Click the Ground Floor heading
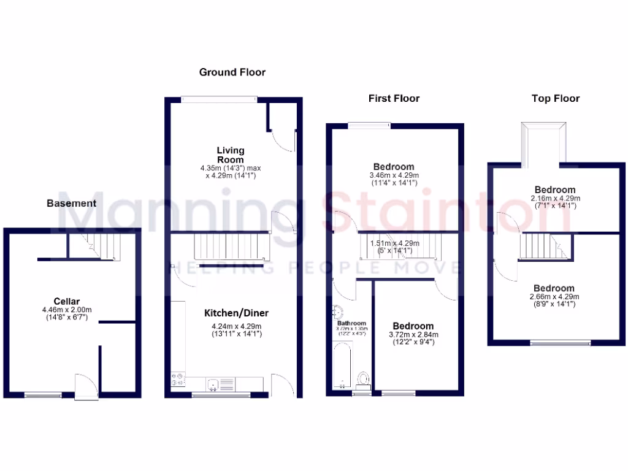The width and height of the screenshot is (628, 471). (x=232, y=72)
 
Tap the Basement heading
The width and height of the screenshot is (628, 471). (x=72, y=203)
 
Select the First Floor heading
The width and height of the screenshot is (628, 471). (x=394, y=98)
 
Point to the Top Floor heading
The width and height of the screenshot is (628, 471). (x=555, y=98)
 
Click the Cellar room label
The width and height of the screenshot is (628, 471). (x=66, y=301)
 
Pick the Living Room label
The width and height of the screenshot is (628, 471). (x=230, y=155)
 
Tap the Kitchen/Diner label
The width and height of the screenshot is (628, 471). (x=236, y=313)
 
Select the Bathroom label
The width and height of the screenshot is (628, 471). (x=351, y=323)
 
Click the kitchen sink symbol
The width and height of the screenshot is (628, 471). (x=212, y=385)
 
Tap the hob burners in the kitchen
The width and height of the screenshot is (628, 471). (x=178, y=379)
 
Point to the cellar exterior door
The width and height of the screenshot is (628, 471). (x=85, y=388)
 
